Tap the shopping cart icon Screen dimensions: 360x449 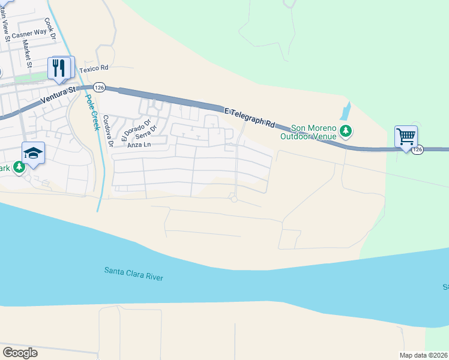(x=406, y=136)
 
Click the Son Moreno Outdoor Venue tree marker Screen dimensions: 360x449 (x=345, y=131)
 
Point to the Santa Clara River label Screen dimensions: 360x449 (x=134, y=274)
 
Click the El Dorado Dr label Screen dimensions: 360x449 (x=130, y=130)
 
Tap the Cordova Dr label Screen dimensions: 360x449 (x=107, y=131)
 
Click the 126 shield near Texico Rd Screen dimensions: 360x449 (x=100, y=88)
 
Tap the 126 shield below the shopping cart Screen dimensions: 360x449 (x=418, y=149)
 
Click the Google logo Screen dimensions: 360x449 (x=20, y=352)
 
